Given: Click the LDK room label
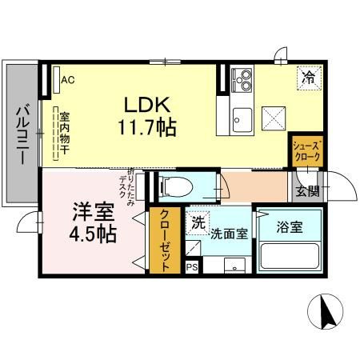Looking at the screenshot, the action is (147, 105).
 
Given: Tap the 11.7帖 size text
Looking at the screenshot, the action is (147, 128).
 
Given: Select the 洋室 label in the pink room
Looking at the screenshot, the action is (94, 212).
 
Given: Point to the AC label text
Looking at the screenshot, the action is (68, 80).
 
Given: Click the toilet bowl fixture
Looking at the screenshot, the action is (175, 186).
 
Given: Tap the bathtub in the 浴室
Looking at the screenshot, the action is (290, 256).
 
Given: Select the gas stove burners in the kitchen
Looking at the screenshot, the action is (242, 79).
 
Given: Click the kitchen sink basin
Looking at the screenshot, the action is (242, 120).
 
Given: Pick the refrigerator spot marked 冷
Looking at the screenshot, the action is (309, 78).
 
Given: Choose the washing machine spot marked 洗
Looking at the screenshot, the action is (198, 223).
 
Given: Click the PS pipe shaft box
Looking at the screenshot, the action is (192, 267).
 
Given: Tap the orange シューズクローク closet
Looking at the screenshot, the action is (306, 151).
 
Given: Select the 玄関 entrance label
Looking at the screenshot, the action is (307, 191).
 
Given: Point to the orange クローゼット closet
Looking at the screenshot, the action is (165, 240).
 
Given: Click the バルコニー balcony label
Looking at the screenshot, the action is (23, 134).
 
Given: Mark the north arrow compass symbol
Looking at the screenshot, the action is (325, 311).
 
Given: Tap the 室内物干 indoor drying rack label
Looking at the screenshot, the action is (65, 134).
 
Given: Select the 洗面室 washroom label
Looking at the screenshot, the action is (229, 234).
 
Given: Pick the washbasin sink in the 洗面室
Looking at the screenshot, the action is (234, 266).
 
